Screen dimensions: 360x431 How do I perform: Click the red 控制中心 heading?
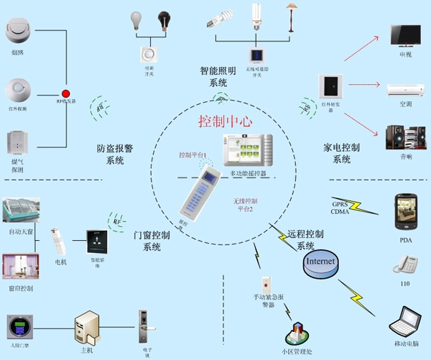coord(224,121)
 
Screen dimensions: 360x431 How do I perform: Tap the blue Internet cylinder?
coord(320,262)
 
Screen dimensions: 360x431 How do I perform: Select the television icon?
coord(406,36)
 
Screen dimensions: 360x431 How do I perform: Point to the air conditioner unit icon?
coord(406,90)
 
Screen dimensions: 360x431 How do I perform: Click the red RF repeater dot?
coord(65,93)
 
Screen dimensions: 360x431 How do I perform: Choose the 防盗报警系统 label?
coord(115,154)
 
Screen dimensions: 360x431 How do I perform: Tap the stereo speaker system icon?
coord(400,137)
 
